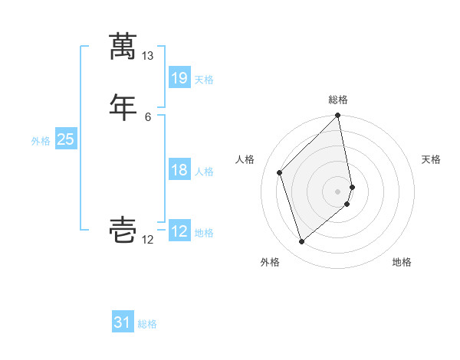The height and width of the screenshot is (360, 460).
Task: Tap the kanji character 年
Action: point(123,106)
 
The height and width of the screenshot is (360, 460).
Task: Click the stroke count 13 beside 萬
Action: point(148,56)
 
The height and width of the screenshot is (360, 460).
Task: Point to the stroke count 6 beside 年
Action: point(148,116)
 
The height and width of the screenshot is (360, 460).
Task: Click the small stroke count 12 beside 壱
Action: point(148,241)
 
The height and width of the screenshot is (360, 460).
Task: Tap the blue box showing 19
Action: point(179,77)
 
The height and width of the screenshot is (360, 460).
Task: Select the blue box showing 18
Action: point(179,170)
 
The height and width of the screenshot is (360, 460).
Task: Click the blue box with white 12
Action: point(179,231)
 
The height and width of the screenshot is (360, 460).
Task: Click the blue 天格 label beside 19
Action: point(204,79)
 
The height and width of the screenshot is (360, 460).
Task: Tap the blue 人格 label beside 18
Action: point(204,172)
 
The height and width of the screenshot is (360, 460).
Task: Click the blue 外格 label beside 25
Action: point(41,140)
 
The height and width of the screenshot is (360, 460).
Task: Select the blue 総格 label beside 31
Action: point(147,324)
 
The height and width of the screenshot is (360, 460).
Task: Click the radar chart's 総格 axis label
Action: point(338,100)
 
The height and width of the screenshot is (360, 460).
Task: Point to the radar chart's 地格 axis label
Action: point(402,262)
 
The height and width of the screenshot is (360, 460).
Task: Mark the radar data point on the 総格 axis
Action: point(338,116)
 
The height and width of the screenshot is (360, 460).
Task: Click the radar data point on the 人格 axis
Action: point(280,172)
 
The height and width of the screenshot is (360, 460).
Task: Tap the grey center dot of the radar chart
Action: point(338,191)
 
